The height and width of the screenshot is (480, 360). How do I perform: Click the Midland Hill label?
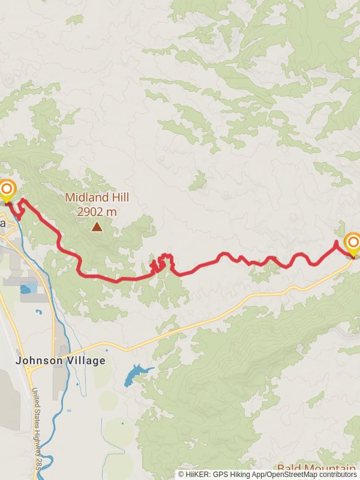point(97,197)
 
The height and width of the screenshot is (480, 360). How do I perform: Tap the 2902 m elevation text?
point(97,211)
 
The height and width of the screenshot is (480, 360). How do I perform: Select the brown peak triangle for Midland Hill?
point(97,226)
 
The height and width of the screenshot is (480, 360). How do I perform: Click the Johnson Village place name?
point(60,361)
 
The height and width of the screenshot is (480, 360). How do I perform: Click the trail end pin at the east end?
point(353,243)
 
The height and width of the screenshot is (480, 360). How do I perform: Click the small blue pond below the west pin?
point(26,290)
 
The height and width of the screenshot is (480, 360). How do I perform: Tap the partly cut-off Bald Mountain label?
point(316,468)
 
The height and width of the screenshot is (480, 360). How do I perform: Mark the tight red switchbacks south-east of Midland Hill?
point(161,263)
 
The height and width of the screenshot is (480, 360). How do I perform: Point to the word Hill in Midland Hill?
point(118,197)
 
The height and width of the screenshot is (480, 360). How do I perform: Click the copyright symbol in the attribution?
point(182,474)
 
